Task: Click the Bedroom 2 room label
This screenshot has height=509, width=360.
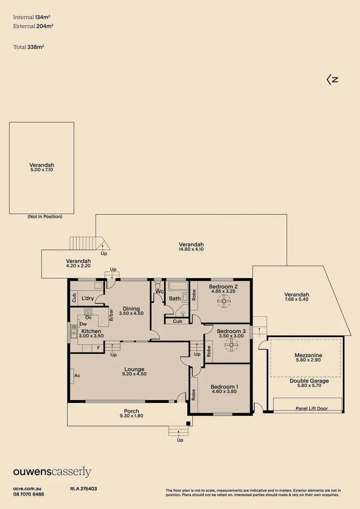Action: point(223,287)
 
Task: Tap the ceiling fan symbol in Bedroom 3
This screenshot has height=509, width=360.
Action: point(231,345)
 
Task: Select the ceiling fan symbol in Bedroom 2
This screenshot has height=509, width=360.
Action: point(224,301)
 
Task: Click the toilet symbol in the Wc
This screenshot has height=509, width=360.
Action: point(158,285)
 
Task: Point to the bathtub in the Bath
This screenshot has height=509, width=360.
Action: point(178,286)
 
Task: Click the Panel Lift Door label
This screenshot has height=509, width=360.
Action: point(311,408)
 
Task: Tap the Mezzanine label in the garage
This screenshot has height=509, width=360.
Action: point(308,355)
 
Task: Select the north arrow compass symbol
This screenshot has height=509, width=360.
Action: point(332,80)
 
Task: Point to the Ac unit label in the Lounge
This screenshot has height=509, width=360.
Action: point(77,376)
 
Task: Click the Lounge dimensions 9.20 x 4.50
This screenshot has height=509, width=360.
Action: point(134,374)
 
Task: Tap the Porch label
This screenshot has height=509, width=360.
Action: point(131,411)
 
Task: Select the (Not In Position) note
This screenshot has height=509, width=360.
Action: point(45,216)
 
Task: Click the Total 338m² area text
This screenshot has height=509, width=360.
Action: point(29,47)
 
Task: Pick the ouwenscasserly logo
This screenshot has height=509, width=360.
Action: point(52,472)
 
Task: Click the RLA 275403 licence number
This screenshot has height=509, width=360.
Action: point(83,489)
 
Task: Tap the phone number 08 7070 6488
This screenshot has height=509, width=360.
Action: point(29,494)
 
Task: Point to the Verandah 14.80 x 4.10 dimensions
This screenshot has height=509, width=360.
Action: point(191,249)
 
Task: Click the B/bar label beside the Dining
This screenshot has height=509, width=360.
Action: point(111,315)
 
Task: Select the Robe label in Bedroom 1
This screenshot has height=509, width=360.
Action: point(194,394)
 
